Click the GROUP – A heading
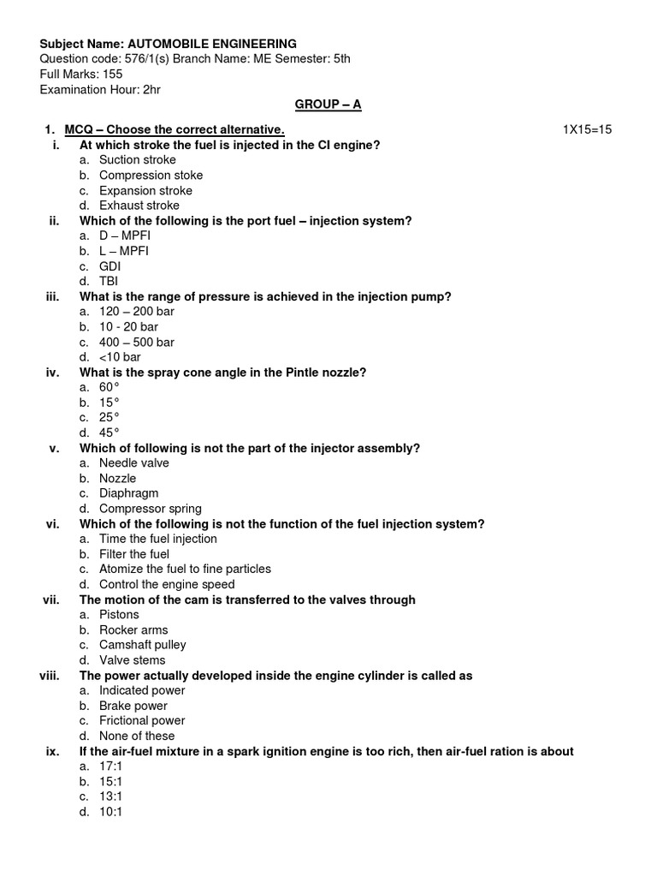328,104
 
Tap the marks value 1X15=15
587,129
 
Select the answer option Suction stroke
137,160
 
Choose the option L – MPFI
124,251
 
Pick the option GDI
110,266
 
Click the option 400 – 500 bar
136,342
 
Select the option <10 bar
120,357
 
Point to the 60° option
109,387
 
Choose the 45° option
109,433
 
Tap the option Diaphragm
128,493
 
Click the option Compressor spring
150,509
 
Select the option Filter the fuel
134,554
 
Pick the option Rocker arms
133,629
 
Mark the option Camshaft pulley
142,645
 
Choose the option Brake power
133,706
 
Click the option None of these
137,736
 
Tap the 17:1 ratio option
111,767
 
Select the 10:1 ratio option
111,812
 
